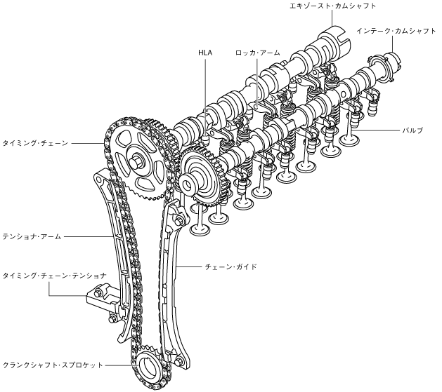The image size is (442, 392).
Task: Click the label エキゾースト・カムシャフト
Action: [332, 6]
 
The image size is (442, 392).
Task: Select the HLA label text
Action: [206, 52]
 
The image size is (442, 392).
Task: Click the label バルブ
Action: [413, 131]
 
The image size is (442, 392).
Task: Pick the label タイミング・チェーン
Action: [36, 142]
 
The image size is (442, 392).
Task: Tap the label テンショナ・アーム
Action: [32, 237]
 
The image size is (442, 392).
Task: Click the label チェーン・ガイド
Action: [230, 267]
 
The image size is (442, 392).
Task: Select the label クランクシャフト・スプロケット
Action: [53, 365]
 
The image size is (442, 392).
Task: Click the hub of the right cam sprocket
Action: [188, 184]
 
